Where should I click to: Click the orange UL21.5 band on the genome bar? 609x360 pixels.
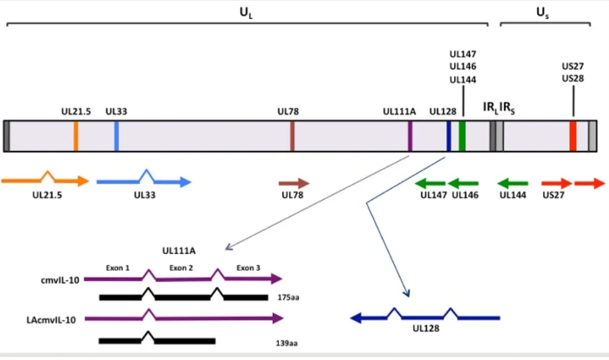coord(76,136)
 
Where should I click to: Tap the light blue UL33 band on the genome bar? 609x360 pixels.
coord(116,136)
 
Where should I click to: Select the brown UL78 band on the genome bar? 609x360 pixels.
coord(292,136)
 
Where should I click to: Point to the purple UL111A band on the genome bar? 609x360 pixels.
coord(410,136)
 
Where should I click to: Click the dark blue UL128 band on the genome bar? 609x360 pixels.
coord(449,136)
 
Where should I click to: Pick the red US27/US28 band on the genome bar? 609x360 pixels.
coord(573,136)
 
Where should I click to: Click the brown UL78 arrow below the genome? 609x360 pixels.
coord(294,183)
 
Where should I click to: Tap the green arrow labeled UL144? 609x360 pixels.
coord(512,183)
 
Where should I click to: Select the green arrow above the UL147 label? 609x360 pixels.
coord(430,183)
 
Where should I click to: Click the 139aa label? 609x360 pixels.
coord(288,342)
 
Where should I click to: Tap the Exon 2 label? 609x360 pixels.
coord(182,268)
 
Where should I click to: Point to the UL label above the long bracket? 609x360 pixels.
coord(246,11)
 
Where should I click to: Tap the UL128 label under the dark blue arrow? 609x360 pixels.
coord(426,326)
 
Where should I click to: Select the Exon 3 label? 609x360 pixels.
coord(248,268)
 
